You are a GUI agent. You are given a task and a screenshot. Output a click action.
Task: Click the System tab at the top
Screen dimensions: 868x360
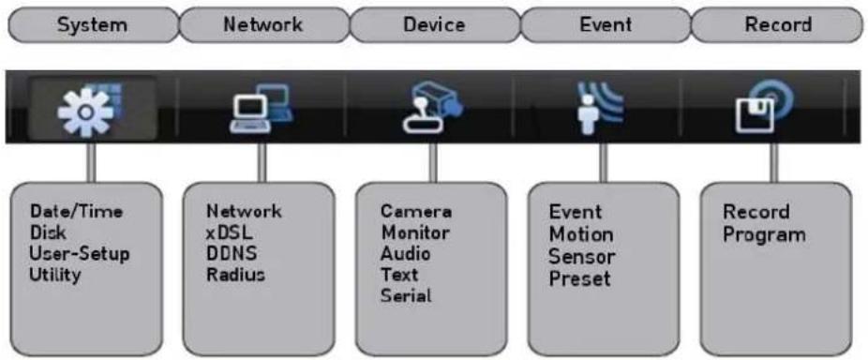point(93,25)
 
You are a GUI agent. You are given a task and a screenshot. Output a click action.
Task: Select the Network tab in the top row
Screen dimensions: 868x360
point(263,25)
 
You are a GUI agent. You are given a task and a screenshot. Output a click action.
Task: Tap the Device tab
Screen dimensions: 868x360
point(434,25)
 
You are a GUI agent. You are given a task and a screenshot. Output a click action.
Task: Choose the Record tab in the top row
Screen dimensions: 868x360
point(778,25)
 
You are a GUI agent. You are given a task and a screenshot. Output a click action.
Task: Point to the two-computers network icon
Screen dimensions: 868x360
point(262,109)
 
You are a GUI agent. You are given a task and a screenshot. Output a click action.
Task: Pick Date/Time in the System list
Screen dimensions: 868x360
point(76,212)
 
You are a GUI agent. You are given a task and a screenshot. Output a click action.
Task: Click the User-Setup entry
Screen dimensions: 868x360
point(80,254)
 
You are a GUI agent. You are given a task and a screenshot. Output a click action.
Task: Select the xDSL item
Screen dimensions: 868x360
point(229,232)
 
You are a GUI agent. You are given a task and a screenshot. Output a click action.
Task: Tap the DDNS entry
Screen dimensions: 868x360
point(232,254)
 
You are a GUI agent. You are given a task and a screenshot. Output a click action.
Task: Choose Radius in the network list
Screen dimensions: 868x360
point(236,275)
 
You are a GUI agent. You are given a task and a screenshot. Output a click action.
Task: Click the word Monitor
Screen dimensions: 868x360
point(415,232)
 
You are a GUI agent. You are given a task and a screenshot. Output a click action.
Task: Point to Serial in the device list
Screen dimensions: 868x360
point(406,295)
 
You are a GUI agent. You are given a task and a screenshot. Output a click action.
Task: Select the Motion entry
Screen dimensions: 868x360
point(581,234)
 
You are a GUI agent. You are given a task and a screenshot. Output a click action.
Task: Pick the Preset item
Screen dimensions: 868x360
point(579,278)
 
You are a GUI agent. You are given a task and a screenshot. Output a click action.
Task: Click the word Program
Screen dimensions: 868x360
point(765,235)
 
